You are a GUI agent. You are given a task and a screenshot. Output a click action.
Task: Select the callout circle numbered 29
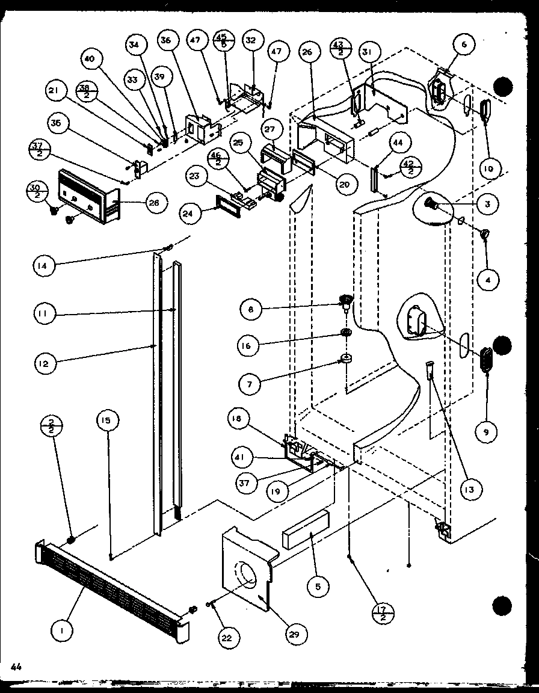297,633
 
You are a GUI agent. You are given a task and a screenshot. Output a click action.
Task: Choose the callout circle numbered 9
487,431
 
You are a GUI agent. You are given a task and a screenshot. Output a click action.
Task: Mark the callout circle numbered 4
487,279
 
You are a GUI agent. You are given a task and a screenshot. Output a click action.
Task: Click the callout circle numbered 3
487,204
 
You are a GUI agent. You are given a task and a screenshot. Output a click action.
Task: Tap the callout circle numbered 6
464,45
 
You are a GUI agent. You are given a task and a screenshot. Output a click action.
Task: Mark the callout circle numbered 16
250,346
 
